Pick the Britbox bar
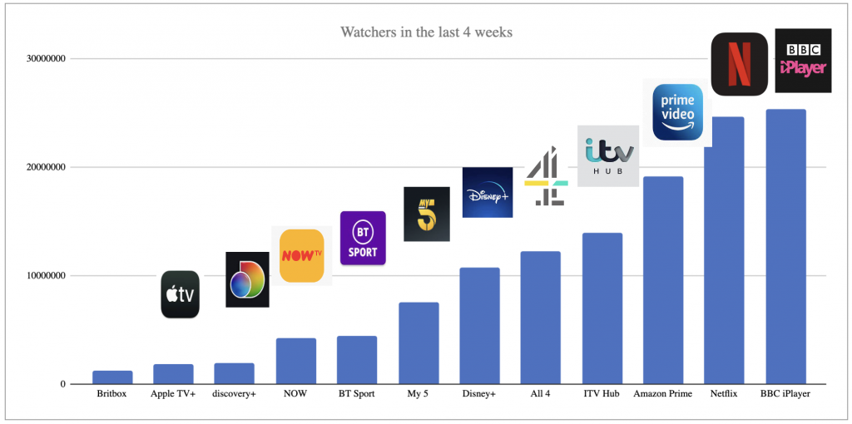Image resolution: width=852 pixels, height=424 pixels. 112,377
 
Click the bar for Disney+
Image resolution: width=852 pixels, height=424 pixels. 479,325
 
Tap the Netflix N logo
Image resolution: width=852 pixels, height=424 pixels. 739,65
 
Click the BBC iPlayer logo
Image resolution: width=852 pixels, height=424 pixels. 803,61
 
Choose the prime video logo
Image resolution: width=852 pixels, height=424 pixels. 677,112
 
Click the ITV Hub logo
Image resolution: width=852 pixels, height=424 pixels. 608,155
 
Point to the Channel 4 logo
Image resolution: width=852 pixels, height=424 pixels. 546,176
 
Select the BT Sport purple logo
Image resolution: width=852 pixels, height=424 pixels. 363,239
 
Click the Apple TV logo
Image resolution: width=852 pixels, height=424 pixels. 180,294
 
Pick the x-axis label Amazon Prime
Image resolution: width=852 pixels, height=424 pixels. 662,393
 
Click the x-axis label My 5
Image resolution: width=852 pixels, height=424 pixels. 418,393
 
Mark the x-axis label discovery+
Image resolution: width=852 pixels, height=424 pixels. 234,393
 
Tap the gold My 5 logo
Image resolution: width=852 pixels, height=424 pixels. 426,214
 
